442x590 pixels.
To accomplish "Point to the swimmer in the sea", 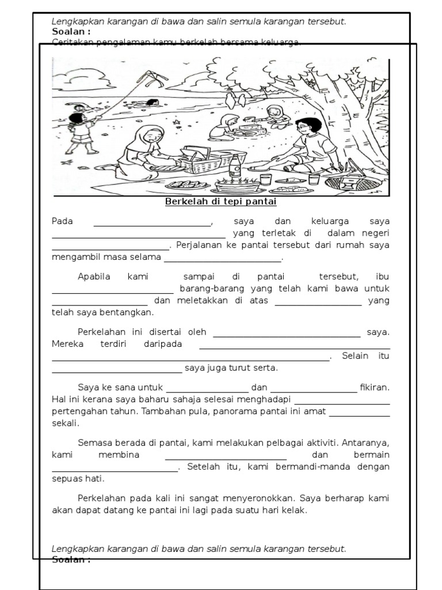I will tap(152, 103).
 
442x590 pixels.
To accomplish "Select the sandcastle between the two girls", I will tap(251, 127).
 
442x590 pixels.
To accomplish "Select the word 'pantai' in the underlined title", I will tap(262, 202).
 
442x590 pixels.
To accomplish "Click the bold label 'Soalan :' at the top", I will tap(71, 32).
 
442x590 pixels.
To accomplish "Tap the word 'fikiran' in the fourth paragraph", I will tap(375, 387).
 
